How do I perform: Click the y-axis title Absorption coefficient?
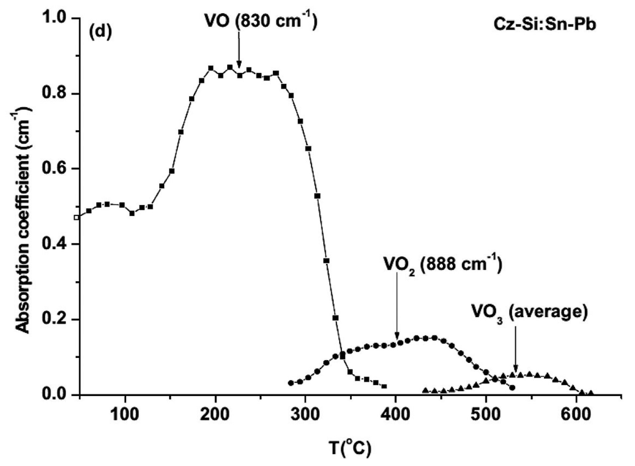click(23, 219)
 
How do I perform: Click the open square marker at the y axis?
click(77, 217)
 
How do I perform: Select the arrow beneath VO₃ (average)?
click(516, 349)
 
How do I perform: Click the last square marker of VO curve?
click(384, 386)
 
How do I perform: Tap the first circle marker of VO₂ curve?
click(291, 383)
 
